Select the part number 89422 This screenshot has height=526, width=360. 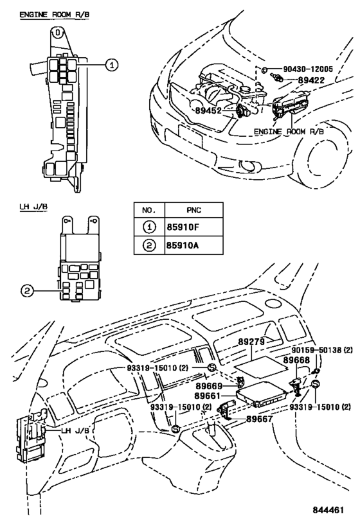pos(312,80)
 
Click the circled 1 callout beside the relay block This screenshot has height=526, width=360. pos(112,65)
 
